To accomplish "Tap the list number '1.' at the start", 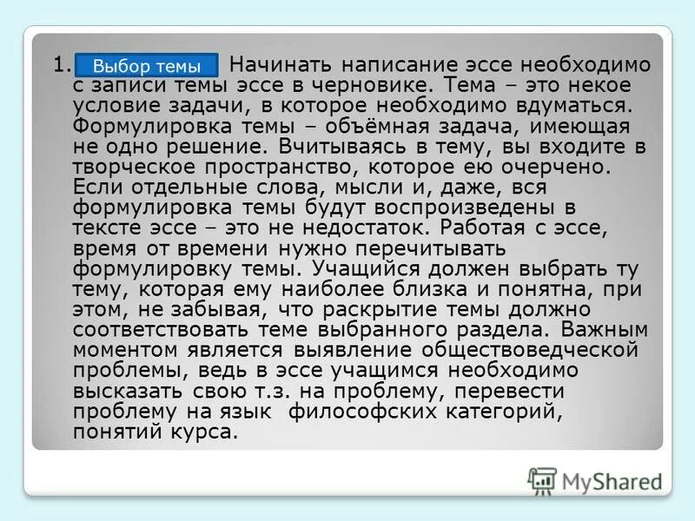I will (x=60, y=66).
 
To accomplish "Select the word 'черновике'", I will (x=381, y=86).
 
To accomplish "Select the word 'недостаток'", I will (x=367, y=228).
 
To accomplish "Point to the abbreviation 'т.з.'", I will (x=283, y=391).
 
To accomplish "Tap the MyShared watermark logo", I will (x=594, y=480).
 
